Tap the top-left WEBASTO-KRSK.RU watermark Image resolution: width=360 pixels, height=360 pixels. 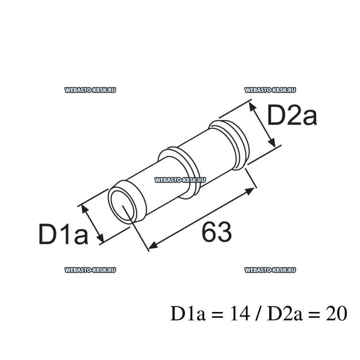pyautogui.click(x=90, y=90)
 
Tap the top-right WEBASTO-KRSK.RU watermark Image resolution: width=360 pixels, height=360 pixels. pyautogui.click(x=270, y=90)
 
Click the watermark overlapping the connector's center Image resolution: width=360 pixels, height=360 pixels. pyautogui.click(x=180, y=180)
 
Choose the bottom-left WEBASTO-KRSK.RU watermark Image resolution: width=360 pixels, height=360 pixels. pyautogui.click(x=90, y=270)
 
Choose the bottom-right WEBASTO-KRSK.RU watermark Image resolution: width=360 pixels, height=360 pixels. pyautogui.click(x=270, y=270)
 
